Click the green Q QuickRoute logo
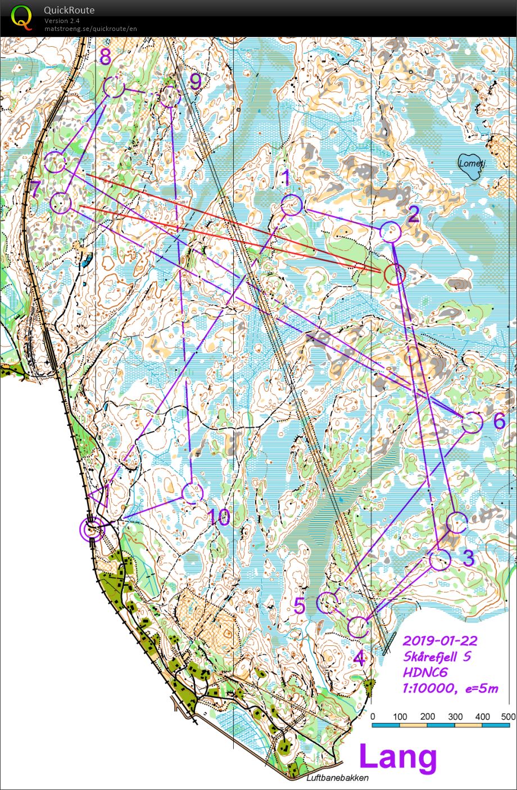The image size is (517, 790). pyautogui.click(x=21, y=17)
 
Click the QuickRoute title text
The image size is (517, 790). pyautogui.click(x=69, y=10)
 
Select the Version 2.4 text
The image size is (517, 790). pyautogui.click(x=62, y=21)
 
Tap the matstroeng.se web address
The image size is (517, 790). pyautogui.click(x=90, y=29)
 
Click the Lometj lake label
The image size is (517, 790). pyautogui.click(x=471, y=163)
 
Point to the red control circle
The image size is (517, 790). pyautogui.click(x=394, y=274)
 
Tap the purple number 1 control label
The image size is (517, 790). pyautogui.click(x=285, y=179)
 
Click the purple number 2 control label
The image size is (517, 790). pyautogui.click(x=413, y=214)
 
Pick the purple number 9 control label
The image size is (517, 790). pyautogui.click(x=195, y=82)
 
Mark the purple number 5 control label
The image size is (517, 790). pyautogui.click(x=300, y=606)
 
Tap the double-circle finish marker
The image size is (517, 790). pyautogui.click(x=93, y=529)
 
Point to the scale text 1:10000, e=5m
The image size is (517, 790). pyautogui.click(x=450, y=688)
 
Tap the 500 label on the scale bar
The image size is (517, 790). pyautogui.click(x=508, y=716)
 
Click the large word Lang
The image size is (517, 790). pyautogui.click(x=398, y=757)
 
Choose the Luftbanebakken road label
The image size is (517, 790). pyautogui.click(x=338, y=778)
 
